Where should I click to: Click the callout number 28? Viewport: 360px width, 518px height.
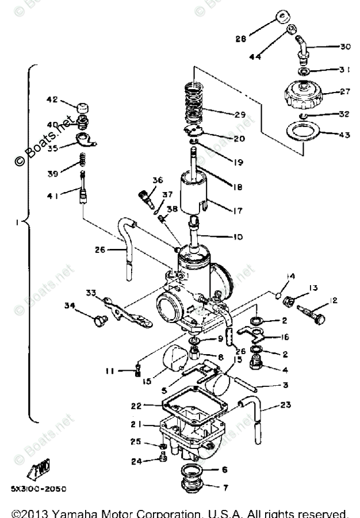point(240,39)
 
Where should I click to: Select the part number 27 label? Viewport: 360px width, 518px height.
point(345,91)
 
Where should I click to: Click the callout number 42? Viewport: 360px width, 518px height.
point(52,99)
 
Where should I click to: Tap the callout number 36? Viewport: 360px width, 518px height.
point(158,181)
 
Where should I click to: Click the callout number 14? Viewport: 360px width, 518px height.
point(291,277)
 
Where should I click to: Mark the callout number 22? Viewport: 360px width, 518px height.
point(136,406)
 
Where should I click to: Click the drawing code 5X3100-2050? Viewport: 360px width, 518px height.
point(38,489)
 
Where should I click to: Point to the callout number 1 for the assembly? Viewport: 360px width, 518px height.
point(17,221)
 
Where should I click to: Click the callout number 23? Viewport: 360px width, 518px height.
point(286,405)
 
